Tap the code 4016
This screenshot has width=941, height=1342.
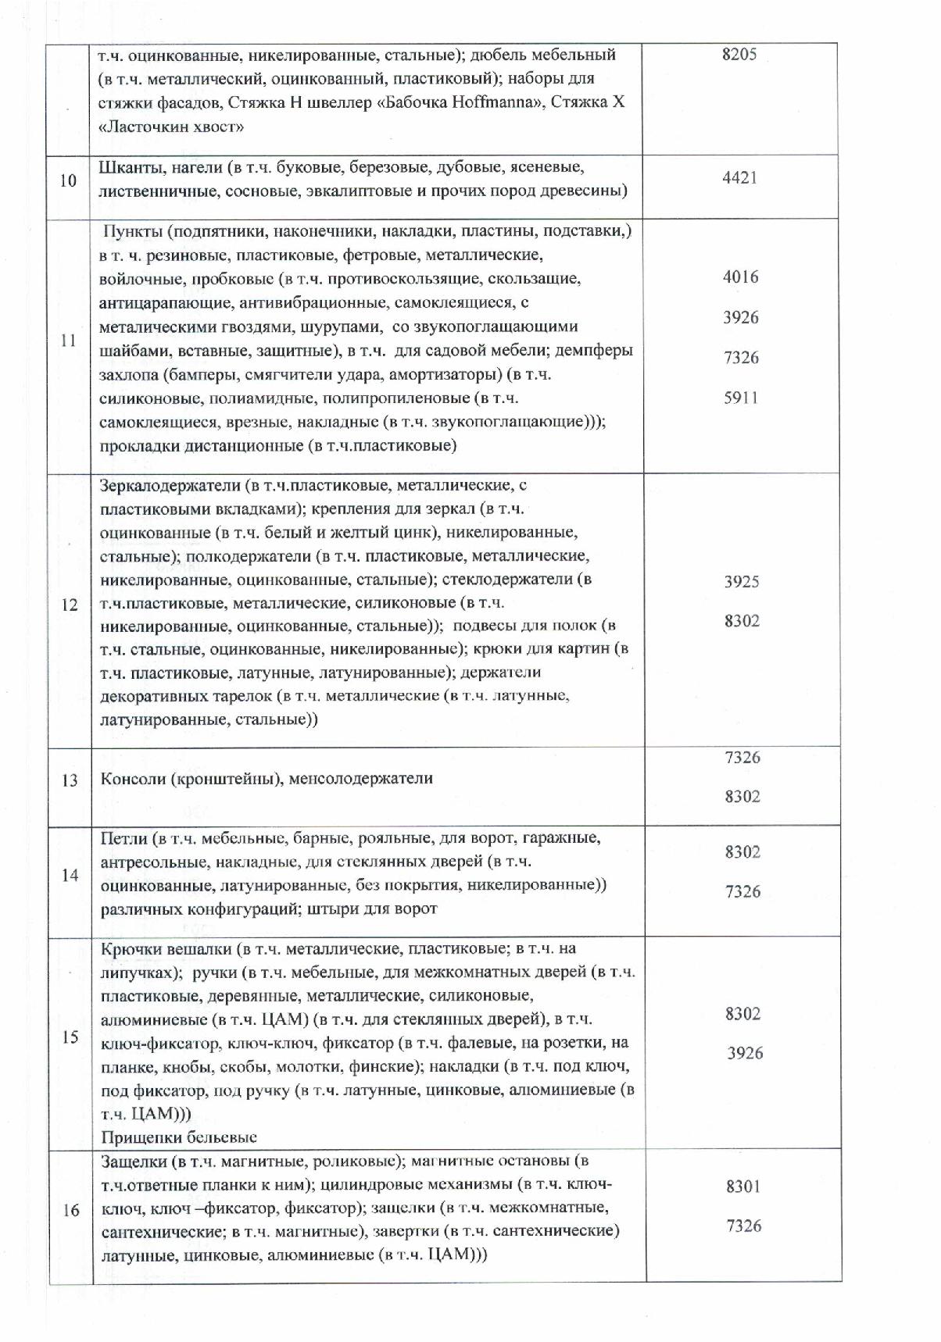[740, 277]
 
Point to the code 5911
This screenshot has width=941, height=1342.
[740, 398]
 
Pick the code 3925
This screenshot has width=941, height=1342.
[742, 581]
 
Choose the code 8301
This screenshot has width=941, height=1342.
[742, 1186]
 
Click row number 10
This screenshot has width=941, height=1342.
[69, 180]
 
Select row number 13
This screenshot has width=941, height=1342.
[70, 780]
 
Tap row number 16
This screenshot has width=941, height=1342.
[70, 1210]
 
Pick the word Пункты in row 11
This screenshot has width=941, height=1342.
[133, 231]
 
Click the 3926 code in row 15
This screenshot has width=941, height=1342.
[745, 1053]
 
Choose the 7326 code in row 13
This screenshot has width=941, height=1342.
[742, 757]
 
